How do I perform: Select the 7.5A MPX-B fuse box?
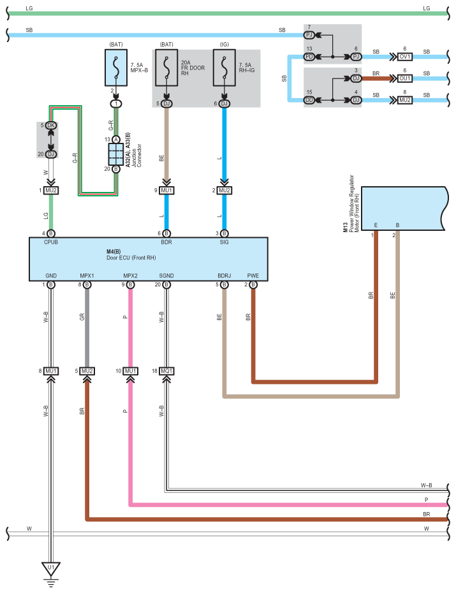pyautogui.click(x=116, y=68)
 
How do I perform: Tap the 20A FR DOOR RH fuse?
pyautogui.click(x=166, y=68)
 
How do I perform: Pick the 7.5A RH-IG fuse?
pyautogui.click(x=224, y=68)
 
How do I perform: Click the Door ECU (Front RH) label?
pyautogui.click(x=131, y=258)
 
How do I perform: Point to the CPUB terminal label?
pyautogui.click(x=51, y=242)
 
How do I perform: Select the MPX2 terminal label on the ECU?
pyautogui.click(x=131, y=275)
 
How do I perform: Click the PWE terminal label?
pyautogui.click(x=253, y=275)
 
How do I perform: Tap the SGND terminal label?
pyautogui.click(x=166, y=275)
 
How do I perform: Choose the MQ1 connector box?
pyautogui.click(x=166, y=371)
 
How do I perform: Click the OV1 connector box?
pyautogui.click(x=404, y=57)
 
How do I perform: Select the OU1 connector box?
pyautogui.click(x=404, y=78)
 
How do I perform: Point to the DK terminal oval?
pyautogui.click(x=51, y=125)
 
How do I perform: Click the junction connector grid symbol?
pyautogui.click(x=116, y=154)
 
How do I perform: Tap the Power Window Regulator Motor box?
pyautogui.click(x=404, y=209)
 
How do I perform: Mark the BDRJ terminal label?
pyautogui.click(x=224, y=275)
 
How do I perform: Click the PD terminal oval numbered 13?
pyautogui.click(x=309, y=57)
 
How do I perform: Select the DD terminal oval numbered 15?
pyautogui.click(x=309, y=100)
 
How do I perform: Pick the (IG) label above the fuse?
pyautogui.click(x=224, y=44)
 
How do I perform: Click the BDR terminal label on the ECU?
pyautogui.click(x=166, y=242)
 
